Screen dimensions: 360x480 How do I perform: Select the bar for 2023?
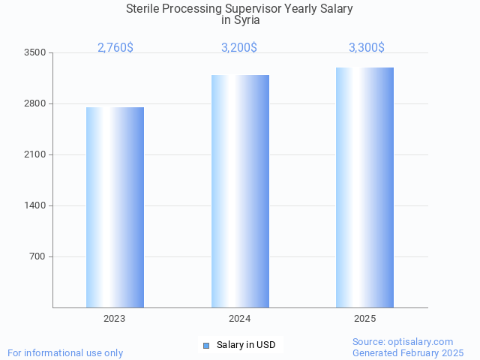pos(115,207)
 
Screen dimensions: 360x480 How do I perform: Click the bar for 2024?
pos(240,191)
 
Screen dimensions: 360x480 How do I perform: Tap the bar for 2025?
pos(364,187)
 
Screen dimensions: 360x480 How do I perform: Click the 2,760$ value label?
pos(115,48)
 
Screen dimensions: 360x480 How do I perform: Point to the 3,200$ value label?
pos(239,48)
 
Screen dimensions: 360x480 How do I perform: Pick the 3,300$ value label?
pos(367,48)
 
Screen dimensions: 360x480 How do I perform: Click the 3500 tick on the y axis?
pos(35,52)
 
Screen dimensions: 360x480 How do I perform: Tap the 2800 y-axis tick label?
pos(35,103)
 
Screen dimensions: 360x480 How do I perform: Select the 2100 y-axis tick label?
pos(35,154)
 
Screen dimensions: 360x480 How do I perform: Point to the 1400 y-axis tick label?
pos(35,205)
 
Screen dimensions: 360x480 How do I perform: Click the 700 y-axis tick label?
pos(37,256)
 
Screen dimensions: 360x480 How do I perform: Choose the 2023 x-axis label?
pos(115,319)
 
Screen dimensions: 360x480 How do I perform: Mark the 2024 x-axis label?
pos(240,319)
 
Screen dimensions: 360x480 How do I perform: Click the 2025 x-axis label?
pos(364,319)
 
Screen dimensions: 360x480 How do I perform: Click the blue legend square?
pos(206,345)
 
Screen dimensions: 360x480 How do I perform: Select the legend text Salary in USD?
pos(246,345)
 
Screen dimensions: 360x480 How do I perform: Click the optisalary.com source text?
pos(403,341)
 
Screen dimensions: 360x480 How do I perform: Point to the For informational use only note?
pos(65,352)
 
